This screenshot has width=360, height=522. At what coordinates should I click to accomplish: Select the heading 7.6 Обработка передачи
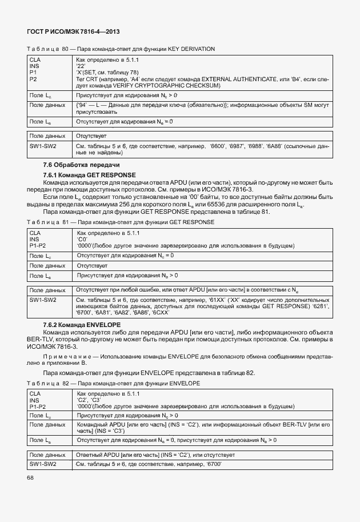click(74, 165)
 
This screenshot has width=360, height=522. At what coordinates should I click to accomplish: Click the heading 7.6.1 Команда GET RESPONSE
click(90, 174)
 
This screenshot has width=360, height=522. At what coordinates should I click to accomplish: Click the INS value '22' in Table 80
click(81, 66)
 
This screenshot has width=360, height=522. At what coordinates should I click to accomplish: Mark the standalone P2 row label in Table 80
click(33, 79)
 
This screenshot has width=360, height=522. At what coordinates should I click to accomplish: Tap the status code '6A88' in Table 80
click(276, 146)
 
